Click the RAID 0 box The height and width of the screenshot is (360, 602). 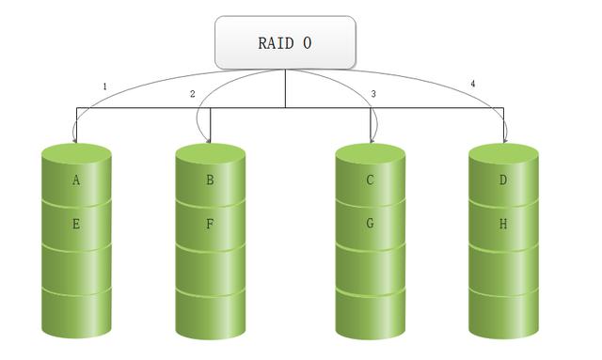point(285,42)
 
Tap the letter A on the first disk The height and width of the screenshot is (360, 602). point(76,180)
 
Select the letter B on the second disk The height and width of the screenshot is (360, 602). point(210,180)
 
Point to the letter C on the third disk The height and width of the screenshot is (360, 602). point(371,180)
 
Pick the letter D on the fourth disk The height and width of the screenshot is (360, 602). point(503,180)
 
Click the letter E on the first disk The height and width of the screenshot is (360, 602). point(76,226)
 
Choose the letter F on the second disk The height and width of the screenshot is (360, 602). point(210,226)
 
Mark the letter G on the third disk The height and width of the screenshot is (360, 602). point(371,226)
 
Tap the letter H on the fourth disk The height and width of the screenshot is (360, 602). point(503,226)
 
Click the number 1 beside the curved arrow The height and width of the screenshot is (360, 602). point(104,87)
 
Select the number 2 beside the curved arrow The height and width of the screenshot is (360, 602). point(192,94)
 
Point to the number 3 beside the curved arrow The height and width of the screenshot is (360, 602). point(373,94)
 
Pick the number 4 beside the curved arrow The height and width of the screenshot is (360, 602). point(472,85)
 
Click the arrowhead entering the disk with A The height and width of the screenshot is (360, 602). point(76,139)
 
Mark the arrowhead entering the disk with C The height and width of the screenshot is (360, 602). point(373,139)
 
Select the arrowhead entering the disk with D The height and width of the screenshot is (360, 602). point(505,139)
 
